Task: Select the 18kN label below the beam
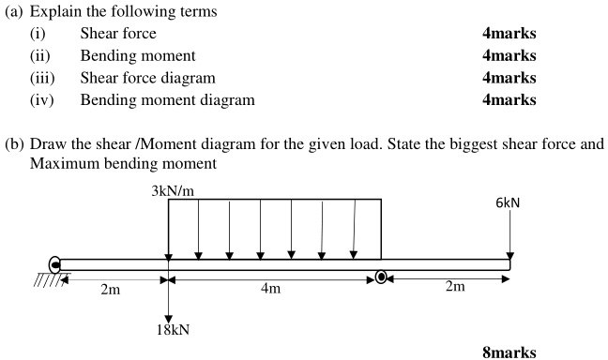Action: [170, 329]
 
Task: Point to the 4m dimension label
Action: [270, 289]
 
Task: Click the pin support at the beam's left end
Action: [55, 265]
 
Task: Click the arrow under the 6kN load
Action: [509, 238]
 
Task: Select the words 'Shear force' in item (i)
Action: [118, 34]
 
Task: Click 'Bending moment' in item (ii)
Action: [137, 55]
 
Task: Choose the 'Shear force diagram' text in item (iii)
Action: [147, 77]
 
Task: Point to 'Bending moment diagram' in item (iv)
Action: [167, 98]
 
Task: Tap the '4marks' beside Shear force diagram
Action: [509, 77]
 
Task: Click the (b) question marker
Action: [14, 144]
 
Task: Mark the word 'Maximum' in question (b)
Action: [61, 162]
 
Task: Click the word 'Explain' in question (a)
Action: [54, 12]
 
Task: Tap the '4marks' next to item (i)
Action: [509, 34]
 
